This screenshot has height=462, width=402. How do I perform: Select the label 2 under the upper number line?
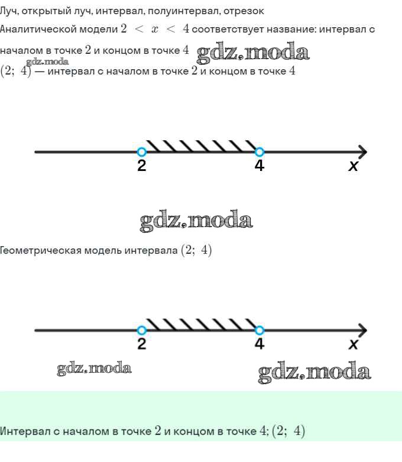[x=142, y=166]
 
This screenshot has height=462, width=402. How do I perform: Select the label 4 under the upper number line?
[x=259, y=166]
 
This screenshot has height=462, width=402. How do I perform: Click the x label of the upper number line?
[x=353, y=166]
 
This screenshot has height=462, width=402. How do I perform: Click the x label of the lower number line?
[x=353, y=344]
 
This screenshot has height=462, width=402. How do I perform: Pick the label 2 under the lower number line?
[x=142, y=344]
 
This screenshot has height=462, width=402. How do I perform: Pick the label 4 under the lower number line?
[x=259, y=344]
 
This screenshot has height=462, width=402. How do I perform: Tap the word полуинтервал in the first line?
[x=183, y=11]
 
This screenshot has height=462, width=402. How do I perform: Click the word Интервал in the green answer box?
[x=25, y=431]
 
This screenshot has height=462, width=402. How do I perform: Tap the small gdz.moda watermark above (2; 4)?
[x=47, y=62]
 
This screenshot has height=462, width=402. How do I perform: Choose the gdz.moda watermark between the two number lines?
[x=196, y=221]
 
